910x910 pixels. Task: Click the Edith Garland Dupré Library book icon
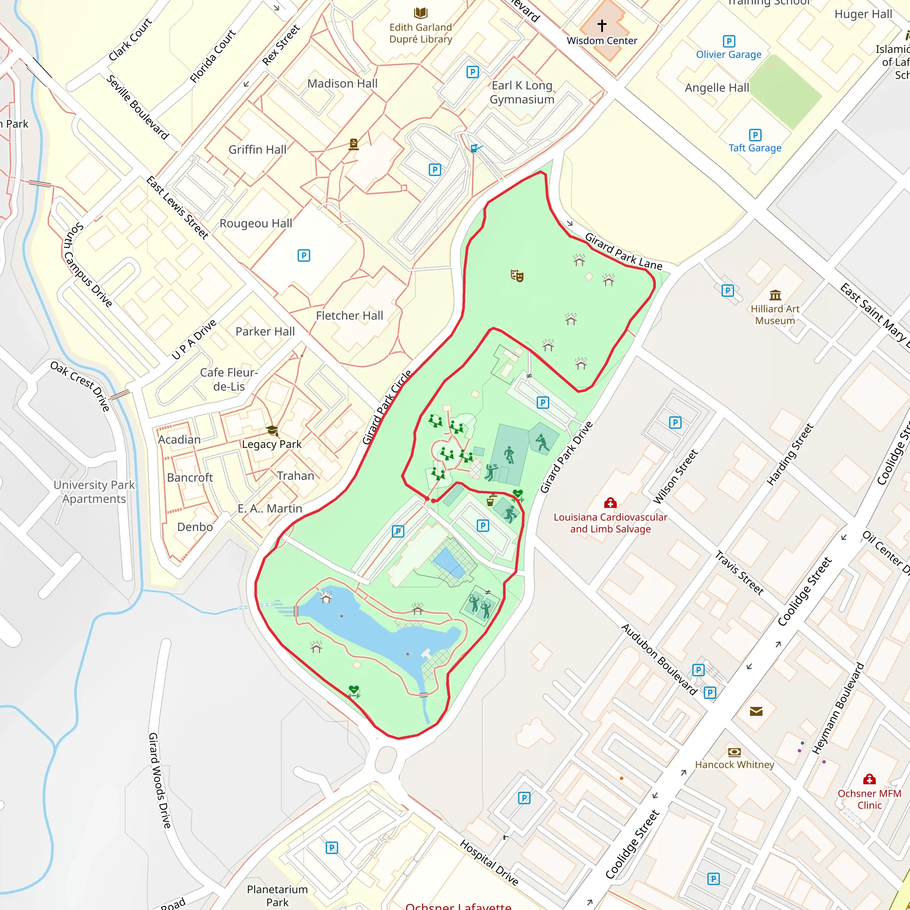(x=421, y=13)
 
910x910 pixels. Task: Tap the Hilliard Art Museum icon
(x=775, y=295)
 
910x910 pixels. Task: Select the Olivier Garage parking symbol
(x=729, y=41)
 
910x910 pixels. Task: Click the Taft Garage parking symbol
(x=755, y=135)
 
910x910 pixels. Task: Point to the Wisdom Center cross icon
(x=602, y=25)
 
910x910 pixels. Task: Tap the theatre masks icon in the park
(x=517, y=275)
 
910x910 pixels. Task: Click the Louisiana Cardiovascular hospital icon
(x=611, y=503)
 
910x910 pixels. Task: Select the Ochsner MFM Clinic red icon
(x=870, y=779)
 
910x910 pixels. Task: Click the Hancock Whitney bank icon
(x=734, y=752)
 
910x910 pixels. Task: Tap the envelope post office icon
(x=756, y=711)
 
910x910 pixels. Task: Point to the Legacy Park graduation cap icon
(x=272, y=431)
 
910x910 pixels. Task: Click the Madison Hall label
(x=343, y=84)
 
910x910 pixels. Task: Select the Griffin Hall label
(x=257, y=150)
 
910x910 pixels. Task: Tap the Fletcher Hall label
(x=350, y=315)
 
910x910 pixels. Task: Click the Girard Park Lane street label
(x=623, y=251)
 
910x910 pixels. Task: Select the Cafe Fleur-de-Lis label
(x=229, y=379)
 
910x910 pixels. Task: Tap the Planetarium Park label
(x=277, y=895)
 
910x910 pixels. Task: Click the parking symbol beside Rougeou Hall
(x=304, y=256)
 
